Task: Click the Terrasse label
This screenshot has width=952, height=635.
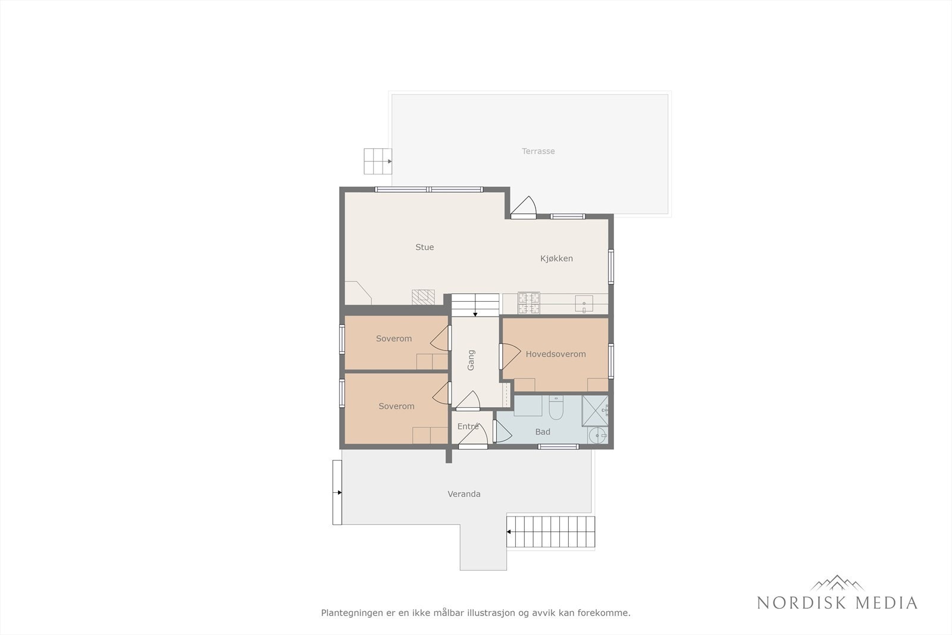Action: click(x=538, y=151)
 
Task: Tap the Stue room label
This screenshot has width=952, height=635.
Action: click(x=424, y=247)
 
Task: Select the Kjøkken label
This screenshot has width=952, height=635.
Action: click(x=556, y=258)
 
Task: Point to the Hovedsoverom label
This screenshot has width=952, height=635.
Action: click(x=555, y=354)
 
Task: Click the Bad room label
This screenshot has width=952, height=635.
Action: click(x=542, y=432)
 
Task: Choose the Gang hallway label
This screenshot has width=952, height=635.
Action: click(x=471, y=360)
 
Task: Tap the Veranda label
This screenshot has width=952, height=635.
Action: click(x=464, y=494)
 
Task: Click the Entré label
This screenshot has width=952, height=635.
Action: click(x=468, y=427)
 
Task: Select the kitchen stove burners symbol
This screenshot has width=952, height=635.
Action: click(x=529, y=303)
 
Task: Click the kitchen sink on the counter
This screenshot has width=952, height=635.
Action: click(x=584, y=305)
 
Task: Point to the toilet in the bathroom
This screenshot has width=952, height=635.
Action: click(x=556, y=408)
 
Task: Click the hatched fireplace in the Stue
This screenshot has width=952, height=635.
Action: click(x=423, y=298)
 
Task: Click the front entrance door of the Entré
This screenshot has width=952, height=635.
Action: click(x=473, y=439)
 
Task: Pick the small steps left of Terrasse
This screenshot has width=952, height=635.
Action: click(x=377, y=161)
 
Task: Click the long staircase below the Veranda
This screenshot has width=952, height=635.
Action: click(x=550, y=531)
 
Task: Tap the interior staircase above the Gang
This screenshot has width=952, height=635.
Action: click(x=475, y=305)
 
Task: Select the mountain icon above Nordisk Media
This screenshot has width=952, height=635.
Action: click(x=837, y=583)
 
